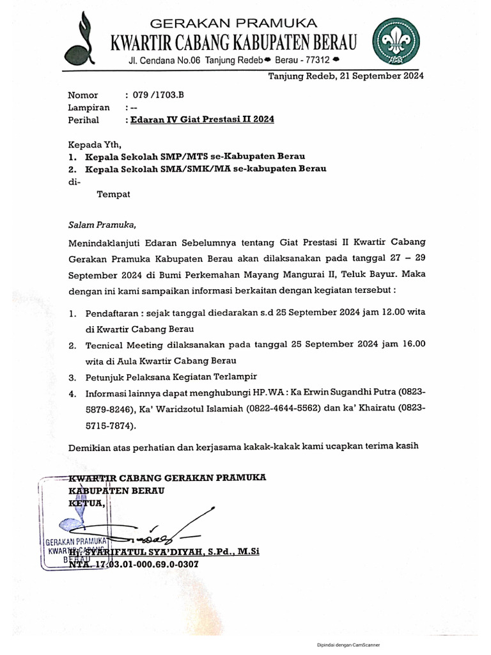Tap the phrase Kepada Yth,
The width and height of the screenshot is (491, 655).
94,143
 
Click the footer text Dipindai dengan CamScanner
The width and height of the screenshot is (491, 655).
352,645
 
